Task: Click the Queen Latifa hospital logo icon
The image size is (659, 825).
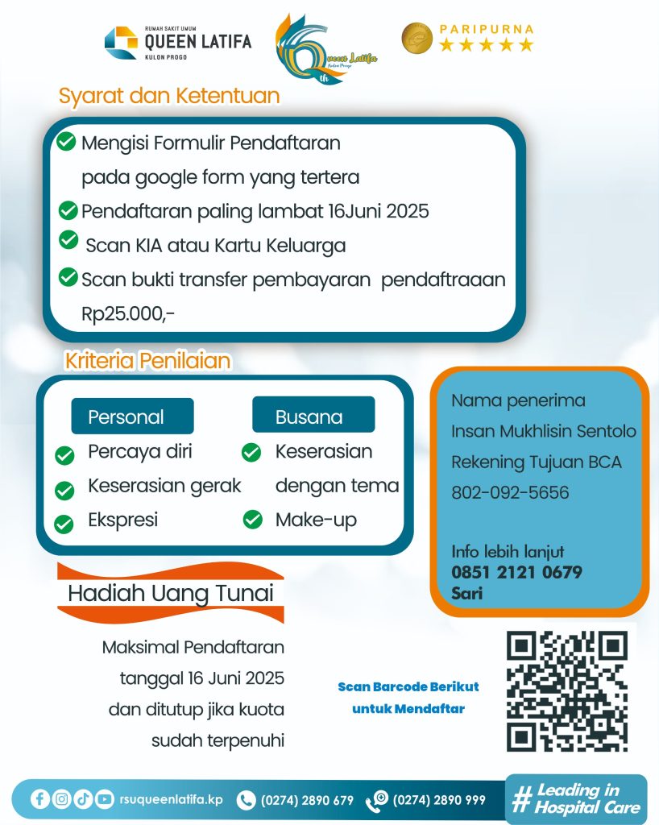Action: (121, 43)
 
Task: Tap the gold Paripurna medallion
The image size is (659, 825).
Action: (417, 38)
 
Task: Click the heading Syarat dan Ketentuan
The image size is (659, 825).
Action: (169, 96)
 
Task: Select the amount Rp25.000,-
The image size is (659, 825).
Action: (128, 313)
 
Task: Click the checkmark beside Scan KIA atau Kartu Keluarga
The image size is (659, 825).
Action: (68, 240)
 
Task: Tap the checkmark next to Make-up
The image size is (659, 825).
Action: (253, 520)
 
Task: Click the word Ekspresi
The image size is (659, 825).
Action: (122, 520)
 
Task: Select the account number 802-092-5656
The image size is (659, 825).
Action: (510, 492)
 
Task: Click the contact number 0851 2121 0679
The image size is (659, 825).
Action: (516, 573)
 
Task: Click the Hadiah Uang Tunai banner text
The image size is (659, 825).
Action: (171, 594)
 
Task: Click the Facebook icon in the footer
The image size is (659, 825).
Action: (40, 799)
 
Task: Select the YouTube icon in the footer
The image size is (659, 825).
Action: (104, 799)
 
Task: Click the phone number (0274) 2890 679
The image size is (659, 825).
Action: (307, 800)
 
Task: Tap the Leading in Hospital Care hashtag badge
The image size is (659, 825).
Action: (576, 798)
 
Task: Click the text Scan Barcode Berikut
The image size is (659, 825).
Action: (408, 686)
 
